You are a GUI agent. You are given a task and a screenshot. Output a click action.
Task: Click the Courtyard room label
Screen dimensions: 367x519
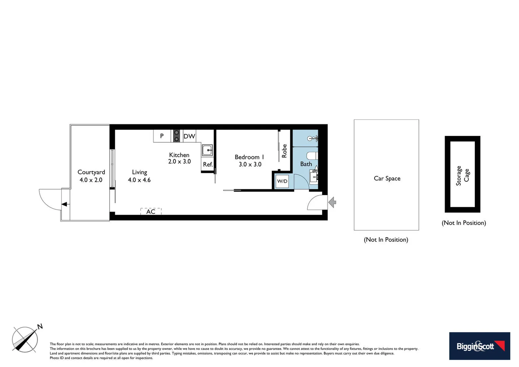tap(91, 172)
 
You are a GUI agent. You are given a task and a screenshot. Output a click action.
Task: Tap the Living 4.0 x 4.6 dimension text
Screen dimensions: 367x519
tap(139, 180)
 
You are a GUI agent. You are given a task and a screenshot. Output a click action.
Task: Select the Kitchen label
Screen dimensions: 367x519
tap(179, 155)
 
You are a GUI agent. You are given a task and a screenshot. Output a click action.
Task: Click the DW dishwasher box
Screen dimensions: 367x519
tap(189, 136)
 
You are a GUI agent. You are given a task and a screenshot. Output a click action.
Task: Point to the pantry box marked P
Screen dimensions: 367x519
tap(162, 136)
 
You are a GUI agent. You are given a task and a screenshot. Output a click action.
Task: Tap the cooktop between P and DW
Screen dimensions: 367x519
tap(177, 136)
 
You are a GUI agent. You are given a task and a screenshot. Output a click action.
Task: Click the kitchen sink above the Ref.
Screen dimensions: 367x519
tap(207, 150)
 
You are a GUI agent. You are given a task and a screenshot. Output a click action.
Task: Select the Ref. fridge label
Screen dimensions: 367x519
tap(208, 164)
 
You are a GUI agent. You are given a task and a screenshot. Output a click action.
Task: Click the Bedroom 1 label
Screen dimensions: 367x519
tap(249, 157)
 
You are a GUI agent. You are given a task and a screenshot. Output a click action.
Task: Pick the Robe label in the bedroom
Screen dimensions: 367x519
tap(284, 151)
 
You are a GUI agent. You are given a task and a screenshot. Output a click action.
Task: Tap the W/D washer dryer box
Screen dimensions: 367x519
tap(282, 181)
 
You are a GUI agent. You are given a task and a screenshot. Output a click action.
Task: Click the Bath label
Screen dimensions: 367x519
tap(306, 164)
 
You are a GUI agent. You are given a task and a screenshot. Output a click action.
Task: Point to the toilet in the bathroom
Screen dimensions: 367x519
tap(312, 156)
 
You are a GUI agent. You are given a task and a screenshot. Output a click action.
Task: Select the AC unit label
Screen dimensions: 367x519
tap(151, 212)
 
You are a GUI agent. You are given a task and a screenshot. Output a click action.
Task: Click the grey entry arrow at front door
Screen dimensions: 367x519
tap(332, 203)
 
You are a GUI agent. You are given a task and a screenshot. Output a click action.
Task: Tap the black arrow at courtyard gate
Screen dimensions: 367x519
tap(64, 204)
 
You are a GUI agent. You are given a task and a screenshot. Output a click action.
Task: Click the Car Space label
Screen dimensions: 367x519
tap(387, 178)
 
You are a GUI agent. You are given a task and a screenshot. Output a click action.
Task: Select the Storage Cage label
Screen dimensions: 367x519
tap(463, 175)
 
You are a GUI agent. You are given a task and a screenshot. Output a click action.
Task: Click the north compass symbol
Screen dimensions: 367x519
tap(25, 339)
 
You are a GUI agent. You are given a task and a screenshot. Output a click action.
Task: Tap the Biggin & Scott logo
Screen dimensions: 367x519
tap(479, 346)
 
